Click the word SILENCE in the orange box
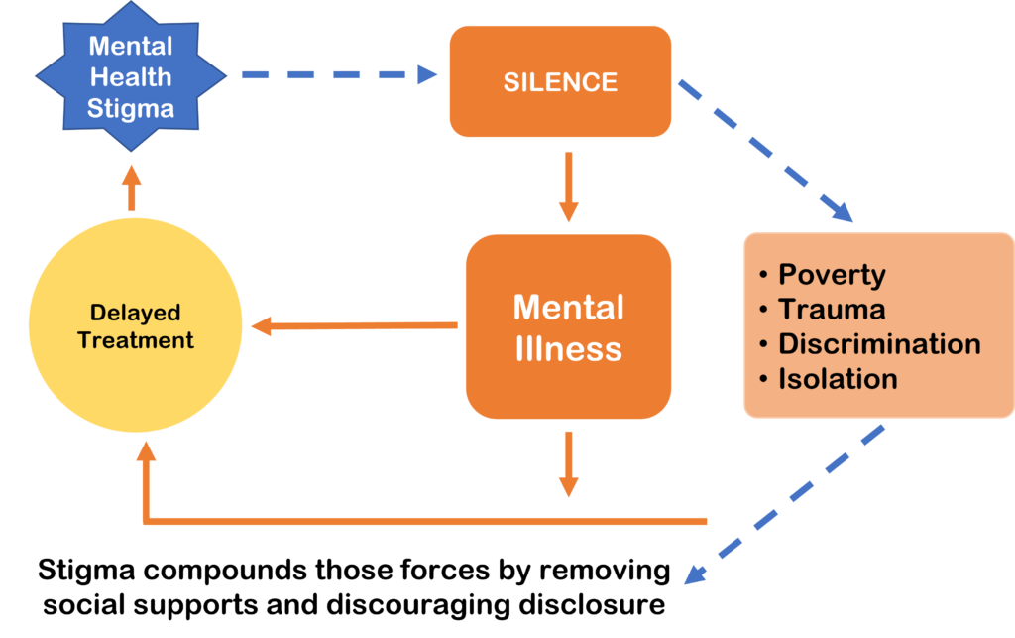click(x=560, y=82)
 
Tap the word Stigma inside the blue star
click(x=131, y=108)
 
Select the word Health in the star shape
click(x=131, y=76)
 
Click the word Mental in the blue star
click(x=131, y=46)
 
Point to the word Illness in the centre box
click(x=569, y=349)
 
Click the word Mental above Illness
click(x=569, y=308)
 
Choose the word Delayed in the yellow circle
click(x=136, y=314)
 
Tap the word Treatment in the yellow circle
click(x=136, y=340)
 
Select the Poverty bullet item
click(x=831, y=275)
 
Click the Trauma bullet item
click(x=831, y=310)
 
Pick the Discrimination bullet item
click(x=878, y=344)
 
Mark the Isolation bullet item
click(x=838, y=379)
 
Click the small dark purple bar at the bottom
click(x=130, y=625)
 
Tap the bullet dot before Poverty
click(x=764, y=276)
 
